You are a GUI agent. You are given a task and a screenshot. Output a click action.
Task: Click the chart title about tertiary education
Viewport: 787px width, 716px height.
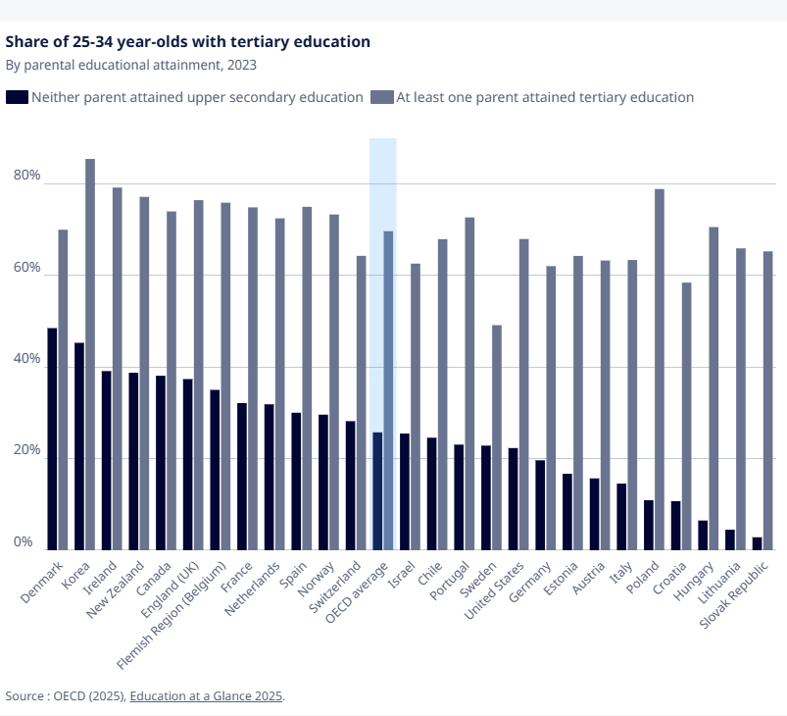(188, 42)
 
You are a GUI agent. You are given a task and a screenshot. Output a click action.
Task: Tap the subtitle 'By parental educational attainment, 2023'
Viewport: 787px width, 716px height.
(131, 66)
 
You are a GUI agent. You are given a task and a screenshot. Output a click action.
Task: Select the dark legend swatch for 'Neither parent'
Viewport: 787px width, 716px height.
(17, 97)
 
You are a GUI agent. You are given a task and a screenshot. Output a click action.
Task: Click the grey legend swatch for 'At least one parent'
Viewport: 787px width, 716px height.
(382, 97)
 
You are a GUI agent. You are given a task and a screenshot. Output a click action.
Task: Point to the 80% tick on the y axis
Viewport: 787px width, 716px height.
(26, 175)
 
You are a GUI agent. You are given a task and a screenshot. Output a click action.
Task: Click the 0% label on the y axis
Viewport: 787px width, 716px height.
(24, 541)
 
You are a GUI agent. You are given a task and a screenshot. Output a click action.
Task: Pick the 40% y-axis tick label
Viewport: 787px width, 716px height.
(26, 358)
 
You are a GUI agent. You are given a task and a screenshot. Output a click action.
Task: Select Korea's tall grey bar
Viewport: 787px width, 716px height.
(90, 354)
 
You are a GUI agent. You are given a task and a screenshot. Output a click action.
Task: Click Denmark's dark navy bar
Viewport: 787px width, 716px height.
(52, 438)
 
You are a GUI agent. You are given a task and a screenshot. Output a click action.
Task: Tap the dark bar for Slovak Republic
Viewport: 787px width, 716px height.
(757, 543)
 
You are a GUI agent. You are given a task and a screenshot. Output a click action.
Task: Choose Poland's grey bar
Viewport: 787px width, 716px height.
(659, 370)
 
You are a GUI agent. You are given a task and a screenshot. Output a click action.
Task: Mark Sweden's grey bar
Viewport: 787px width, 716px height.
(496, 437)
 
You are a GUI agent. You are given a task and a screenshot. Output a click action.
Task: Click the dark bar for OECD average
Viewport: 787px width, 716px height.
(377, 490)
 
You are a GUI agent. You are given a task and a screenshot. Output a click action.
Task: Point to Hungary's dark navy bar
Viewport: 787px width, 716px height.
(703, 536)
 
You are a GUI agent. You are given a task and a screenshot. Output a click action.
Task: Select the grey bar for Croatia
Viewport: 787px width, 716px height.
(686, 416)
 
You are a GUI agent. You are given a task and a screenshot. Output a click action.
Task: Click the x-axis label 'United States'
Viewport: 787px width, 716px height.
(494, 590)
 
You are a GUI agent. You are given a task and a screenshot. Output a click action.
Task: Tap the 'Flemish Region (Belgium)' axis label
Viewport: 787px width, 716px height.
(172, 616)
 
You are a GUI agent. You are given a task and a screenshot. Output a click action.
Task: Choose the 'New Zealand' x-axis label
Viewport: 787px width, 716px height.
(115, 589)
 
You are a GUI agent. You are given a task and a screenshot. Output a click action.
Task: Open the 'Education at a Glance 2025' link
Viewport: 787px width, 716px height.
(206, 696)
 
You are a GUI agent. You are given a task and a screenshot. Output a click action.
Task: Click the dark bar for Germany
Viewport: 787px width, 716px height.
(540, 505)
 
